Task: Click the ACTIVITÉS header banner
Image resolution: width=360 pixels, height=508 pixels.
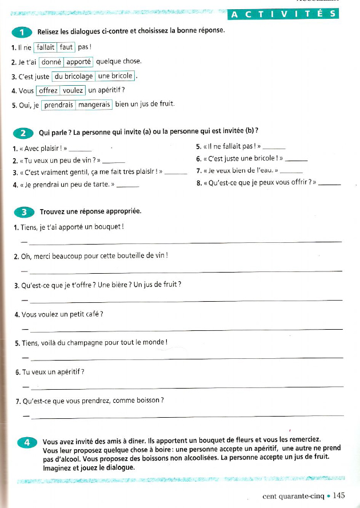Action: pos(283,14)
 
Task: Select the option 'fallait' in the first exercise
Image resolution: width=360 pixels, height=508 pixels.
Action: pos(46,47)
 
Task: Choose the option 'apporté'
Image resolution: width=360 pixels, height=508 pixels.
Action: pos(79,62)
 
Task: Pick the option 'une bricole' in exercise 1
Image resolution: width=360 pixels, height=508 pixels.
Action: pos(115,76)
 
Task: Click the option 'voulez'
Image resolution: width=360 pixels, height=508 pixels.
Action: pos(73,90)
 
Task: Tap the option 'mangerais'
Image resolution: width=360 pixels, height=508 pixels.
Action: pos(94,105)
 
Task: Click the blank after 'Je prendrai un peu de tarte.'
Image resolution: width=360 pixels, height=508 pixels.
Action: pos(127,186)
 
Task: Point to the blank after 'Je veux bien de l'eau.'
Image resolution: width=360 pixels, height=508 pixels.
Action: pos(291,174)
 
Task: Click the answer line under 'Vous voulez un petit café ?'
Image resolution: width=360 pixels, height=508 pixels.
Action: pos(186,329)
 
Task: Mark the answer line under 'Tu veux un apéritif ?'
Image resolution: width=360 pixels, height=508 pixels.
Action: pos(186,387)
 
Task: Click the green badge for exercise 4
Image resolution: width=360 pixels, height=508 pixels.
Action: pos(25,442)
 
